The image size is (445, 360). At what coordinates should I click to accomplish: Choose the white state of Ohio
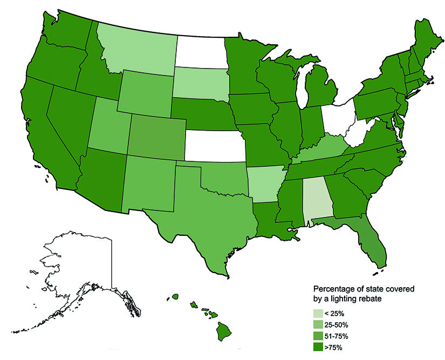(339, 116)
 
